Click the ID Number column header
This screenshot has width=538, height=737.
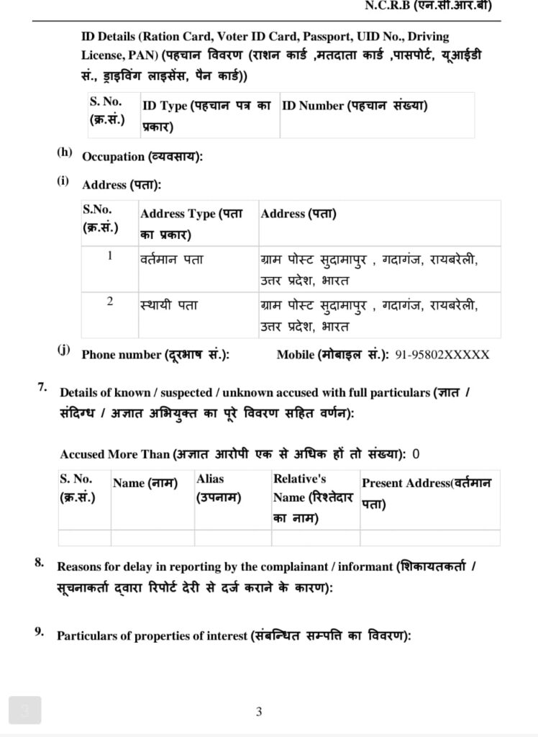pos(355,106)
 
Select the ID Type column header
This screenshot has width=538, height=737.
pos(206,114)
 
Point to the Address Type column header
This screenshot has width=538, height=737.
pos(191,223)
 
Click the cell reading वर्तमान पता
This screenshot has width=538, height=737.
pos(171,259)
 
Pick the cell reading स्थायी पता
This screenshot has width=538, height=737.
pos(169,305)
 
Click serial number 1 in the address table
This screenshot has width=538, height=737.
pos(110,256)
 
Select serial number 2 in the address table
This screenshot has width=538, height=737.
pos(110,302)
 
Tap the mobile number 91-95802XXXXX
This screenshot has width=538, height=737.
pos(442,355)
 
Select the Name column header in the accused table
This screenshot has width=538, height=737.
pos(145,484)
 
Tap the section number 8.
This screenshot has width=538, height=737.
pos(40,562)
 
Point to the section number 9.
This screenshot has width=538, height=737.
pos(40,633)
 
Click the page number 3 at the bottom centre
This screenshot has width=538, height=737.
pos(259,713)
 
